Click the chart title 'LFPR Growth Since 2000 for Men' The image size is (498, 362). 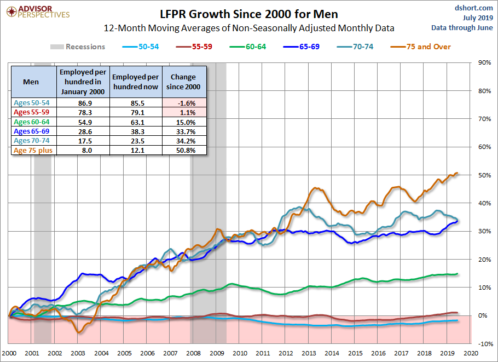[248, 14]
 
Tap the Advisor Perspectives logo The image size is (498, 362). [38, 12]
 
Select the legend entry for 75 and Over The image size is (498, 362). [420, 47]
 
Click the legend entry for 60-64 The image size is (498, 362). [248, 47]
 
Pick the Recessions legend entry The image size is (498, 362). [78, 47]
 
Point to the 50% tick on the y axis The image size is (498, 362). [485, 175]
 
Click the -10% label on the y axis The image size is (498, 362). [485, 344]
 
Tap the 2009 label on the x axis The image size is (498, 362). [217, 353]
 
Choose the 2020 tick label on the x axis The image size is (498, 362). [471, 353]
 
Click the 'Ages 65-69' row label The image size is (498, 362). [31, 131]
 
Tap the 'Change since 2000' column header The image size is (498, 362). [183, 82]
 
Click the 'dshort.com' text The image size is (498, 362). [474, 8]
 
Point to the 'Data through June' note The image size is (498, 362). [462, 27]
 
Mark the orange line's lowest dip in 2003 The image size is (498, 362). [79, 332]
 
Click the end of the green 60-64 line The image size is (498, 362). [458, 274]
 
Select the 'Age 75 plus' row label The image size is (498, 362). [33, 150]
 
